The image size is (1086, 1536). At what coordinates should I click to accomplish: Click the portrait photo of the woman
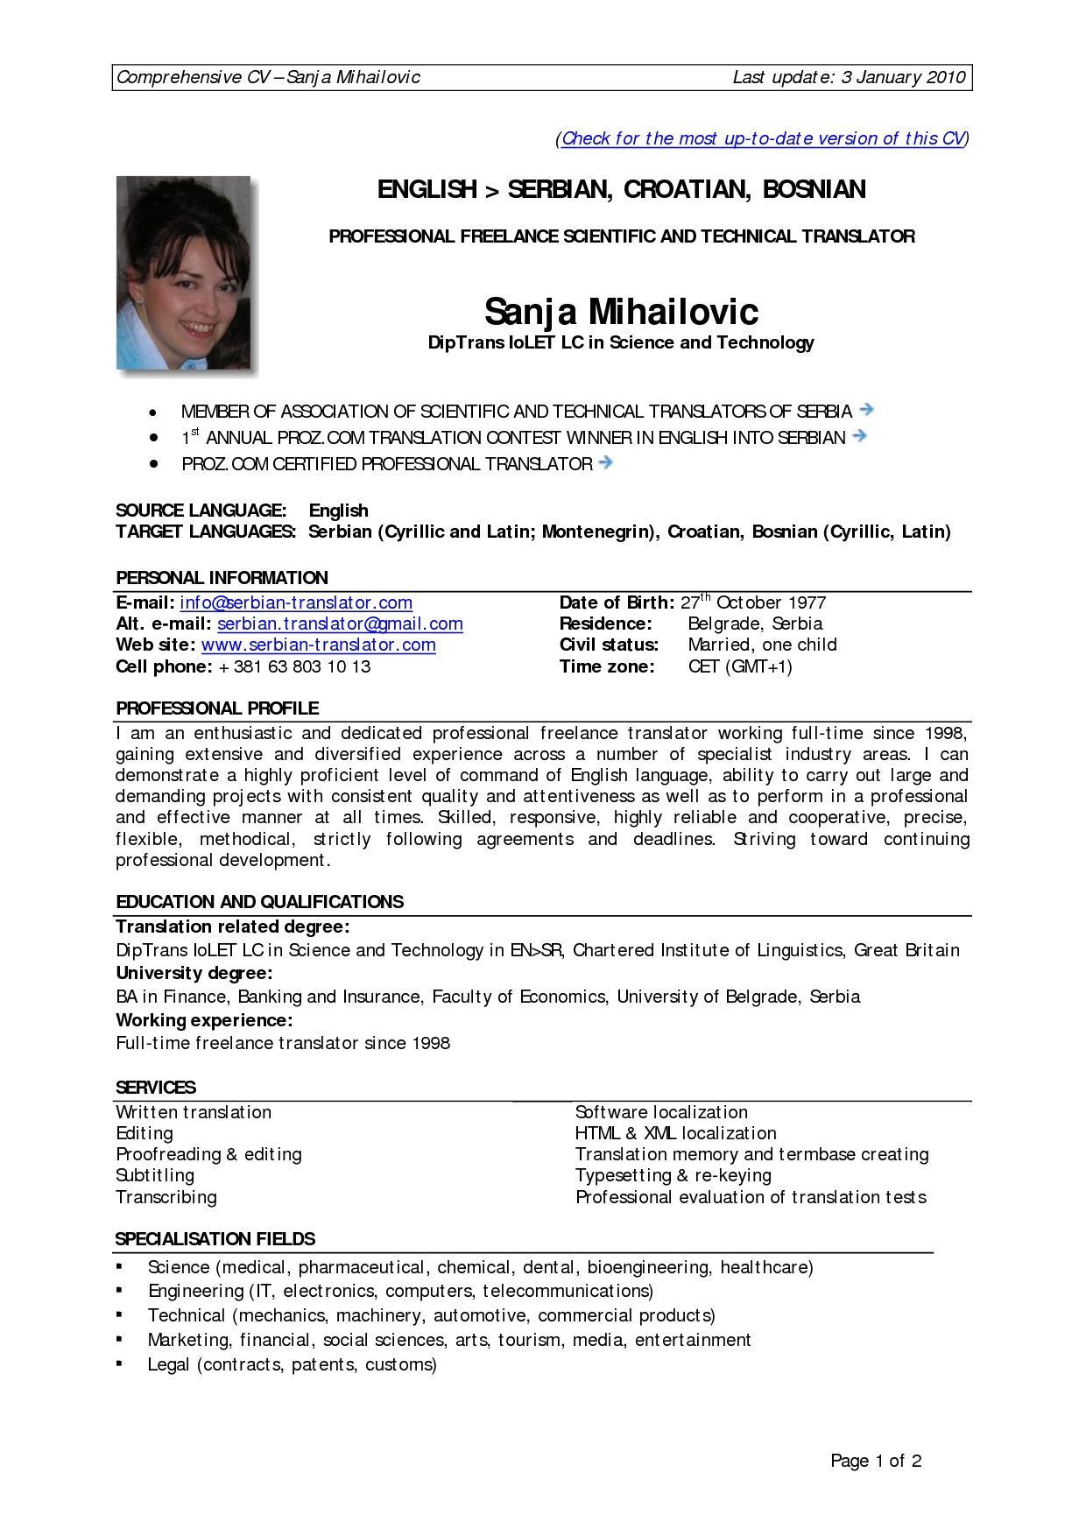[183, 272]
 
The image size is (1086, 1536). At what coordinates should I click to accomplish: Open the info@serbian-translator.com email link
[296, 602]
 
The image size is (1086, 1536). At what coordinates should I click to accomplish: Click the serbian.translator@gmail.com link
[340, 624]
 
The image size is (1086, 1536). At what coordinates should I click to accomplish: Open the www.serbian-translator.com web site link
[318, 645]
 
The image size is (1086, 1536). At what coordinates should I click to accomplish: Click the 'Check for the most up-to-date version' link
[762, 138]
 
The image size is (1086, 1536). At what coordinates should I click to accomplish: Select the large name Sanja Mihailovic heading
[621, 311]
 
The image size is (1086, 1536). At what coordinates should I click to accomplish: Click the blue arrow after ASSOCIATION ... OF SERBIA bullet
[867, 409]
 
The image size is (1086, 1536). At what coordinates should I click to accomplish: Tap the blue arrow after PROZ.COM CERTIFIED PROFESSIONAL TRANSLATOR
[604, 462]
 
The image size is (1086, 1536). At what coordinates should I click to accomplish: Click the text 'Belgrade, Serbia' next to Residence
[755, 624]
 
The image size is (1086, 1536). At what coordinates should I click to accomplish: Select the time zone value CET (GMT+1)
[740, 666]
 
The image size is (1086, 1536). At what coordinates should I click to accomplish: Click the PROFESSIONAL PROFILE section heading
[217, 708]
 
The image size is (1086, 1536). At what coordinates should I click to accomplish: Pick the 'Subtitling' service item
[155, 1175]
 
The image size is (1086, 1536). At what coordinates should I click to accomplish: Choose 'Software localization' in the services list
[661, 1112]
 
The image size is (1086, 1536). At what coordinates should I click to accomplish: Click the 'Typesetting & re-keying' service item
[673, 1175]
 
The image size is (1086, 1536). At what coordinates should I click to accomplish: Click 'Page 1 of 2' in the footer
[876, 1461]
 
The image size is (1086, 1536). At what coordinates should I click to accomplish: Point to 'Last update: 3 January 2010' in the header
[849, 77]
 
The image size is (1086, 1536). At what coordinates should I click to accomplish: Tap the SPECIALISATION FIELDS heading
[215, 1238]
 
